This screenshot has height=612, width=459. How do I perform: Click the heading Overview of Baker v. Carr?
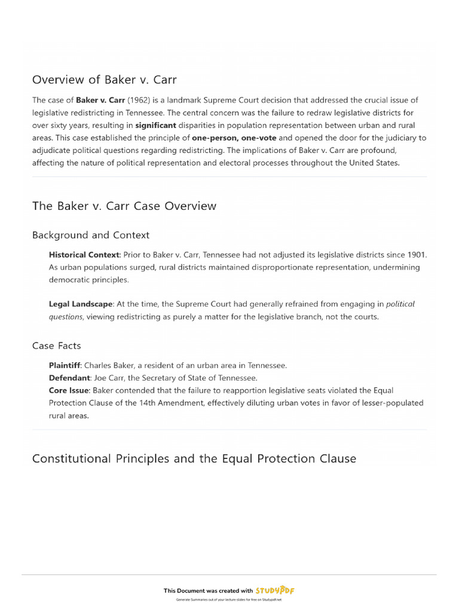pos(104,79)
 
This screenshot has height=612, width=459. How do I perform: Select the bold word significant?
pos(155,125)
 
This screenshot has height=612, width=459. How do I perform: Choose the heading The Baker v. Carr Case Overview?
pos(124,206)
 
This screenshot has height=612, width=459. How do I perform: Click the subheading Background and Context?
pos(91,235)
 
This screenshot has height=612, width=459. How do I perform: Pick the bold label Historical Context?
pos(84,255)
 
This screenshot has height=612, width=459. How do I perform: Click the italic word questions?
pos(66,317)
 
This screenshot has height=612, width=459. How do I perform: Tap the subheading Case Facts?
pos(56,345)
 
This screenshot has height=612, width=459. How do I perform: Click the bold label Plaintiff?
pos(65,365)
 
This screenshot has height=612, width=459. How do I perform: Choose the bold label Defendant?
pos(69,378)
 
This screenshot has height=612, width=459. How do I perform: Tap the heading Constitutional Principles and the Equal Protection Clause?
pos(194,459)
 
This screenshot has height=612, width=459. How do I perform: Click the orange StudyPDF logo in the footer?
pos(276,590)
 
